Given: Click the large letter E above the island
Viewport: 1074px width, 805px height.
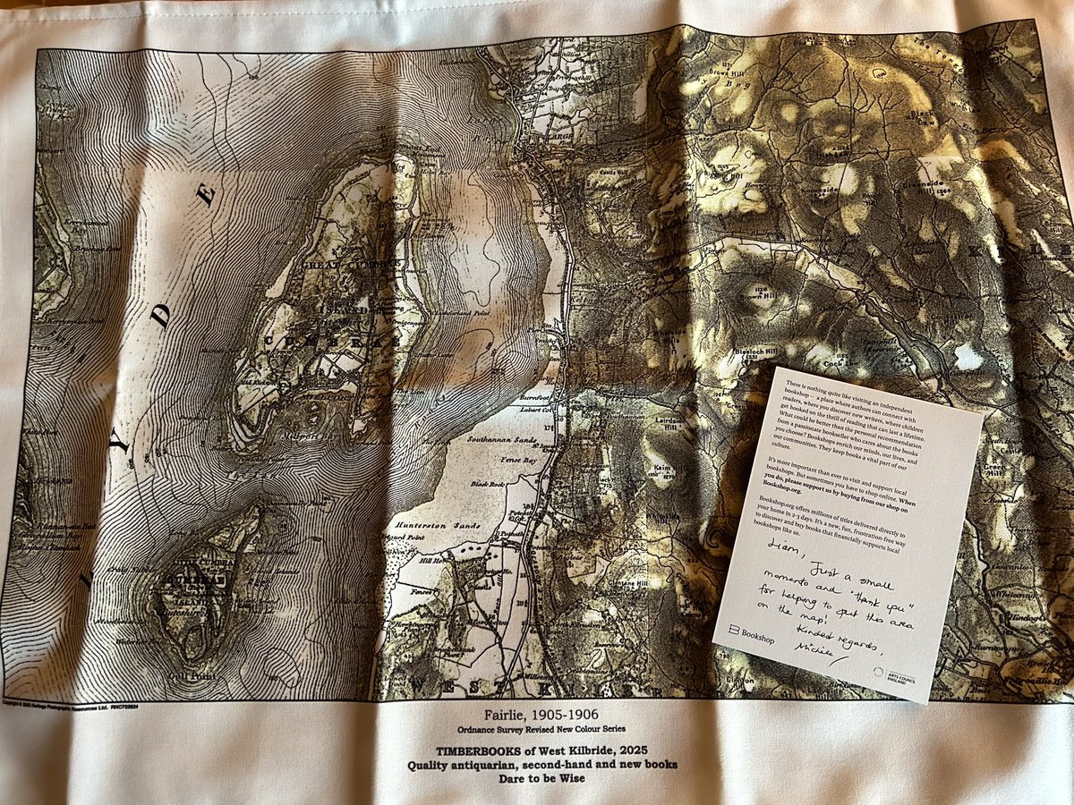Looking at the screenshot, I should pos(207,194).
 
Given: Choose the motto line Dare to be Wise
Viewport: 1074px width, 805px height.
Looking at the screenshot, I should pos(542,781).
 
